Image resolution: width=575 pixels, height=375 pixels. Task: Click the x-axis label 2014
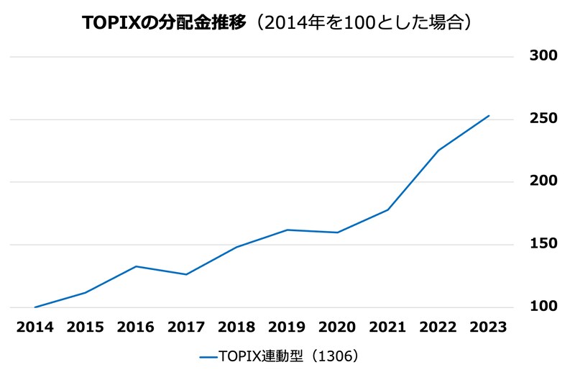point(34,327)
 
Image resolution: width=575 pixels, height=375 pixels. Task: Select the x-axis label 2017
point(186,327)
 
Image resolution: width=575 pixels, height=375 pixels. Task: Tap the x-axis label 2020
point(337,327)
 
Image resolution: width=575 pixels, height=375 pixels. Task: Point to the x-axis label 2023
point(488,327)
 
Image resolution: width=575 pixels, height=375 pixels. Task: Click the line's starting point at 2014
point(35,307)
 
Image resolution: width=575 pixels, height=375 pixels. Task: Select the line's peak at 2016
point(136,266)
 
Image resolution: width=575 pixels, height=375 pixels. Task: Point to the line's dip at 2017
point(186,274)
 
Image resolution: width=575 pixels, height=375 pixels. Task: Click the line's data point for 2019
point(287,230)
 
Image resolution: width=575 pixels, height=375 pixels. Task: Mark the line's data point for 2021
point(388,209)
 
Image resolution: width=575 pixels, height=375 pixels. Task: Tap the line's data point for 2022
point(438,150)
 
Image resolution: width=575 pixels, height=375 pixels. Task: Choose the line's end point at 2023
point(489,116)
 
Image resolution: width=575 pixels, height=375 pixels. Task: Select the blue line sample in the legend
point(207,356)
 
